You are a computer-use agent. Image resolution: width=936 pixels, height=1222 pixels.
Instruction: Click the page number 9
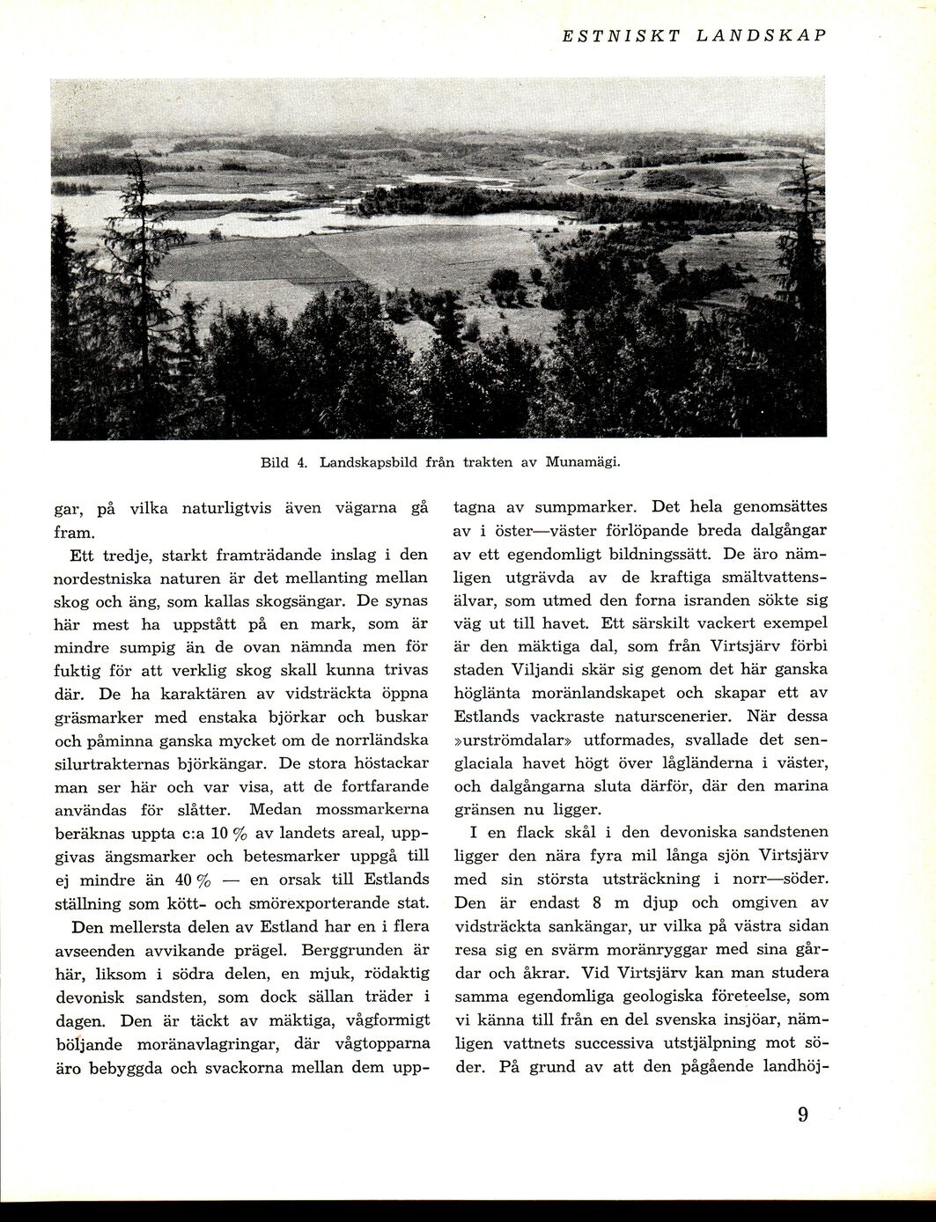[803, 1115]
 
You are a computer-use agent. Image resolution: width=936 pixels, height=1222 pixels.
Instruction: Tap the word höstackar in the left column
[389, 762]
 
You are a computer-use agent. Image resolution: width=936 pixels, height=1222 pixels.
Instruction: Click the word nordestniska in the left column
[109, 578]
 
